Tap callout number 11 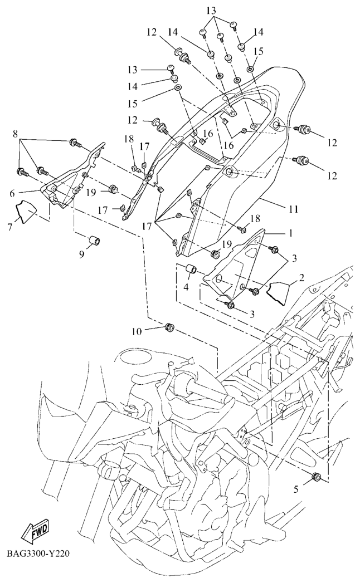(x=294, y=209)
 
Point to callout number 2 (x=301, y=277)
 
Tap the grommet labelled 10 (x=170, y=327)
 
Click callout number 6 (x=12, y=194)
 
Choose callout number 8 (x=15, y=134)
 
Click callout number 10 (x=137, y=331)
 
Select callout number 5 (x=296, y=489)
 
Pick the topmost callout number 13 (x=211, y=9)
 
